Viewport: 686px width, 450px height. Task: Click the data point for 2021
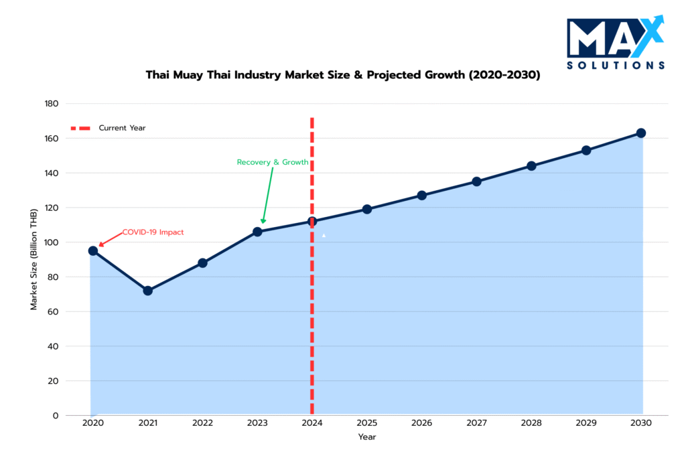pos(147,291)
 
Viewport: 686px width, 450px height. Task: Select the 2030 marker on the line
pos(641,133)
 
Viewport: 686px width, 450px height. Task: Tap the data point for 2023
pos(257,232)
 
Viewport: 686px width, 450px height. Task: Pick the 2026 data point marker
pos(421,196)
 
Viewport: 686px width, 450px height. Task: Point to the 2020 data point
pos(92,250)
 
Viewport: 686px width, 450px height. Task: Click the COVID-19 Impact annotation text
pos(153,232)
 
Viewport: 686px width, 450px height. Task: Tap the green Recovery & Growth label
pos(273,162)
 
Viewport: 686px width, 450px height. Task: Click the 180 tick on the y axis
pos(52,104)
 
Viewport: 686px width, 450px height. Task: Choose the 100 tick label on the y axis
pos(52,242)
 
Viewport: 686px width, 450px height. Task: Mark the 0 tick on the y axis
pos(56,415)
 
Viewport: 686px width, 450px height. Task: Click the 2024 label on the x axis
pos(312,424)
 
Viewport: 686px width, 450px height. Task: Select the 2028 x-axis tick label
pos(531,424)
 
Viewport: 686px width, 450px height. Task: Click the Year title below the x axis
pos(367,437)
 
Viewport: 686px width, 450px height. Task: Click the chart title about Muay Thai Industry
pos(343,75)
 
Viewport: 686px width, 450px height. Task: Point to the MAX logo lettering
pos(606,38)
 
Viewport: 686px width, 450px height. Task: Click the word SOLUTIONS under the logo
pos(616,66)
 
